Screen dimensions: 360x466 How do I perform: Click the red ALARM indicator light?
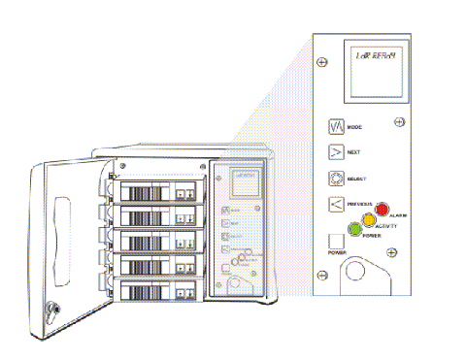pyautogui.click(x=382, y=210)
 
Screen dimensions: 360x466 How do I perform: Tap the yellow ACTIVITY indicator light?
pyautogui.click(x=369, y=219)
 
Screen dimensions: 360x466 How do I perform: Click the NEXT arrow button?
pyautogui.click(x=335, y=152)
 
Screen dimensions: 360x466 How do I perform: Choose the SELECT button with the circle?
pyautogui.click(x=335, y=179)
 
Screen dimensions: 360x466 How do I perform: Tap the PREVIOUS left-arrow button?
pyautogui.click(x=335, y=204)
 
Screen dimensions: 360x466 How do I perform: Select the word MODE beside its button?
pyautogui.click(x=356, y=127)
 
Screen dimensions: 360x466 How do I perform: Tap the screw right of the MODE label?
pyautogui.click(x=399, y=123)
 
